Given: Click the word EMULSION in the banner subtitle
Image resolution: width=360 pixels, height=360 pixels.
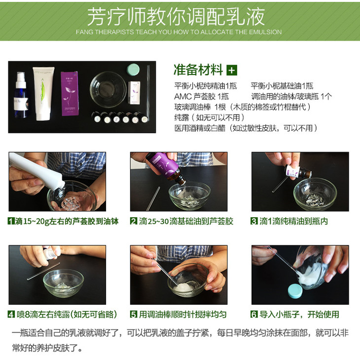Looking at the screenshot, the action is (265, 32).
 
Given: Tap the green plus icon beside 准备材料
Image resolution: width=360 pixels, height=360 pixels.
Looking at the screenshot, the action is (232, 70).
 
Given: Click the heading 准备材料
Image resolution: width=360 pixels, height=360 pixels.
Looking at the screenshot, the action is (198, 70).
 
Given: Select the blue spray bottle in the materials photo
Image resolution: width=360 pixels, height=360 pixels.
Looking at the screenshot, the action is (21, 95).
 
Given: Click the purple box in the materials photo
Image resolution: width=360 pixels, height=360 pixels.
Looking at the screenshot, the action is (70, 93).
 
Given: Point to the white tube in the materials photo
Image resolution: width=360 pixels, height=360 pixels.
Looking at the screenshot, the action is (43, 93).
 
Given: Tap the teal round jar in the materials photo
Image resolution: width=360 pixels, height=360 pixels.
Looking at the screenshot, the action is (133, 70).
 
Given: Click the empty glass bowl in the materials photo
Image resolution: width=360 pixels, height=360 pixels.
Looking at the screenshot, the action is (108, 89).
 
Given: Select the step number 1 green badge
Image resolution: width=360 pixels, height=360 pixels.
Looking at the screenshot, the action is (11, 221).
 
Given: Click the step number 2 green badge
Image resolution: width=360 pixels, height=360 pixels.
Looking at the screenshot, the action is (133, 221).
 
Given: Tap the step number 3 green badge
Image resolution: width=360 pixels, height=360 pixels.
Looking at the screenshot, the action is (254, 221).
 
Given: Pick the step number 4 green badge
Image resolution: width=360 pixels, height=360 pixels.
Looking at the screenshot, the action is (11, 314).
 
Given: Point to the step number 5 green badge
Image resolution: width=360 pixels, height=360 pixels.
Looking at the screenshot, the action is (133, 314).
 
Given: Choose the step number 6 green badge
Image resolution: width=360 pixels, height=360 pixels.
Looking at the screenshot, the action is (254, 314).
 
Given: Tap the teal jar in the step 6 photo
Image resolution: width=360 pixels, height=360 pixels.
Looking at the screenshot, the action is (295, 291).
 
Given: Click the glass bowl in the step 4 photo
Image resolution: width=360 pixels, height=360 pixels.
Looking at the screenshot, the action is (63, 283).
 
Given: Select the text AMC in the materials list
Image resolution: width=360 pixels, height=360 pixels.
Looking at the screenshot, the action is (182, 97).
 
